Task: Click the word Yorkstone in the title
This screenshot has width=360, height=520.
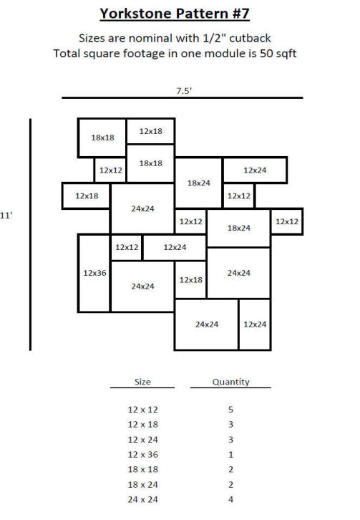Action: [x=136, y=14]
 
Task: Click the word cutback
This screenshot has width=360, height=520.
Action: [x=250, y=38]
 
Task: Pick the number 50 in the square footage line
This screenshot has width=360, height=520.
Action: [x=266, y=54]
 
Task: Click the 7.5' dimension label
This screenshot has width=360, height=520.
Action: [x=184, y=90]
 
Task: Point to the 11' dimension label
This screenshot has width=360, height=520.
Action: [x=6, y=216]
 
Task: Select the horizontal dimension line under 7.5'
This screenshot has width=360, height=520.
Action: [x=183, y=98]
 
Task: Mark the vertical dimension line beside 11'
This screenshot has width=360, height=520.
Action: [x=31, y=234]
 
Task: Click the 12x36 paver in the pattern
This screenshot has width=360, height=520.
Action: [x=94, y=274]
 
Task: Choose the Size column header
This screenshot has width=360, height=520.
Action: [x=142, y=382]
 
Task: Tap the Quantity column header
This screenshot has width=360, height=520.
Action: [x=230, y=382]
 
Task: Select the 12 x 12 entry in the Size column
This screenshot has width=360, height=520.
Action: [x=143, y=410]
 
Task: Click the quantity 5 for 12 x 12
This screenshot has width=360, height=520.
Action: [x=230, y=410]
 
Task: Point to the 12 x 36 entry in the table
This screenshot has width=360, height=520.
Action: [x=143, y=455]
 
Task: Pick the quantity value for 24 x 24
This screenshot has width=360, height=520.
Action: [x=230, y=499]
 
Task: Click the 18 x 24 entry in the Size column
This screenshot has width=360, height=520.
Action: [x=143, y=484]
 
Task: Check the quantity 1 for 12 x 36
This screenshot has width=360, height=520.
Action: [x=230, y=455]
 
